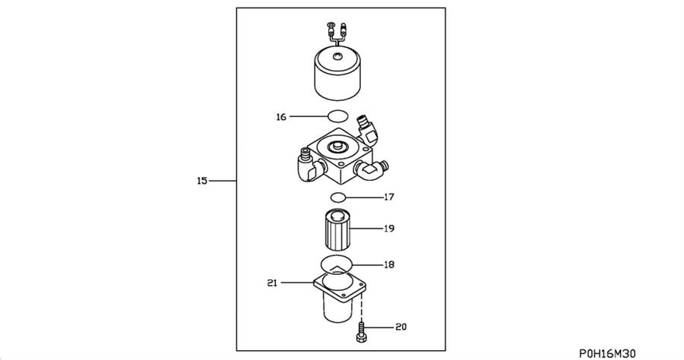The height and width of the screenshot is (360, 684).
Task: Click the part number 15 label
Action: pos(201,181)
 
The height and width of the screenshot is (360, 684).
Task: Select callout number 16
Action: pos(281,117)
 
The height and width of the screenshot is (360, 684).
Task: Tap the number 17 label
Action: pos(388,197)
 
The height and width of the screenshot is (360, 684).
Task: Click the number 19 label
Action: pos(388,228)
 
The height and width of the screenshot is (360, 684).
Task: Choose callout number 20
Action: pos(401,327)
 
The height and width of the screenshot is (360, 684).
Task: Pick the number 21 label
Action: pos(272,283)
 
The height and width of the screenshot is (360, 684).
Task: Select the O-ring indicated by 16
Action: pos(337,116)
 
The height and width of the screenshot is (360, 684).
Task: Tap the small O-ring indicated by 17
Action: pos(339,197)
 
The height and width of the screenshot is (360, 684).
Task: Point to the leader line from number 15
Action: pos(222,181)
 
